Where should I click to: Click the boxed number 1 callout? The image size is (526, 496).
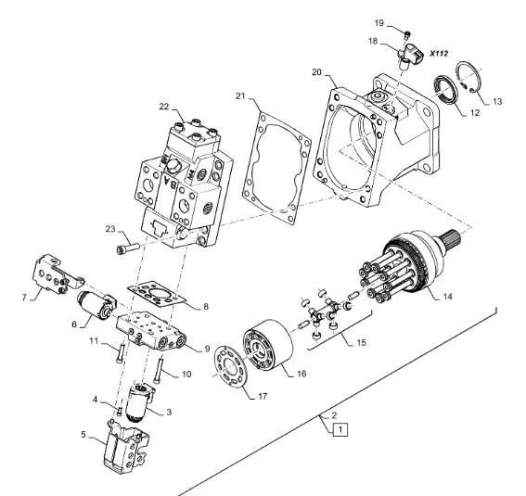[340, 429]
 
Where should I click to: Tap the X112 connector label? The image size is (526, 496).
[439, 53]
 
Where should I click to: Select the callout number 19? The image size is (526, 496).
[378, 23]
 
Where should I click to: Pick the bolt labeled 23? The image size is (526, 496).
[128, 248]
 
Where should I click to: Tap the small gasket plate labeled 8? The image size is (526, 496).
[157, 295]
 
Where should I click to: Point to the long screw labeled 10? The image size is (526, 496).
[159, 370]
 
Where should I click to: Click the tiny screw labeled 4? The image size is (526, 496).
[119, 411]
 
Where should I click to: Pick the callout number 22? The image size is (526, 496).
[164, 107]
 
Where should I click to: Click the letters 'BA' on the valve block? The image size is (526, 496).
[170, 182]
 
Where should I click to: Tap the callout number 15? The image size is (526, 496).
[361, 342]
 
